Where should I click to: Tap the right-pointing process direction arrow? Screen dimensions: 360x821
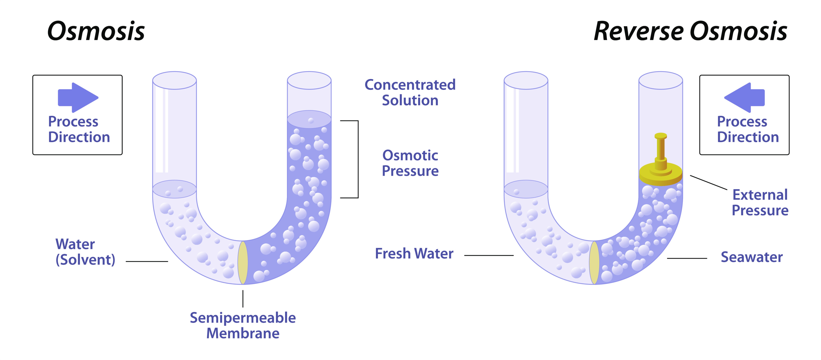point(78,97)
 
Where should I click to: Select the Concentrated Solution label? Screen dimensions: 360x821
point(410,92)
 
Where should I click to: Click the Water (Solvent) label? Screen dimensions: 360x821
point(85,252)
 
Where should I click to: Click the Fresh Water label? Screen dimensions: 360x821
point(414,254)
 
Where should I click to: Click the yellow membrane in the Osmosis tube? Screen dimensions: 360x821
point(243,263)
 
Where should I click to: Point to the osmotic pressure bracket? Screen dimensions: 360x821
point(358,159)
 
